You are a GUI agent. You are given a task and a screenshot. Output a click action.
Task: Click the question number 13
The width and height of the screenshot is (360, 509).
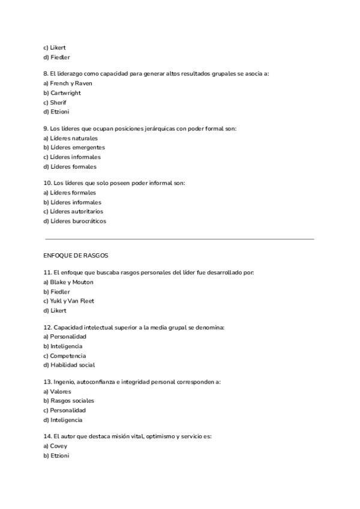pos(47,382)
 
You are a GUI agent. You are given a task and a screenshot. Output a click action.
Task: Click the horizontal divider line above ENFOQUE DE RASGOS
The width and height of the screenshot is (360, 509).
pos(180,239)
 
